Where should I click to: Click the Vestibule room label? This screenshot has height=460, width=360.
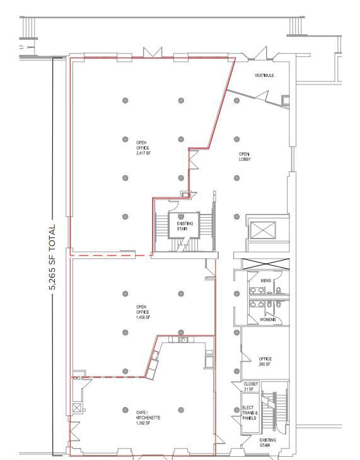click(x=265, y=76)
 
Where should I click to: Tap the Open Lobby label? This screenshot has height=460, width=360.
click(x=245, y=156)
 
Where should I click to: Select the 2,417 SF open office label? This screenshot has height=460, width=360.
click(x=142, y=148)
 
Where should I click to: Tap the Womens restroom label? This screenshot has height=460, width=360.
click(x=268, y=320)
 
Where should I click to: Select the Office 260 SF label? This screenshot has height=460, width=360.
click(x=265, y=362)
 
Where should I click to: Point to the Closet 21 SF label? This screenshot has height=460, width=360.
click(x=250, y=386)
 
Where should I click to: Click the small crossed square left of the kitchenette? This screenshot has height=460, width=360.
click(x=76, y=408)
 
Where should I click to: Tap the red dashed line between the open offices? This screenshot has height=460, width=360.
click(x=111, y=255)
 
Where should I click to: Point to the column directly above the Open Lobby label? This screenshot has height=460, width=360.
click(x=237, y=139)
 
